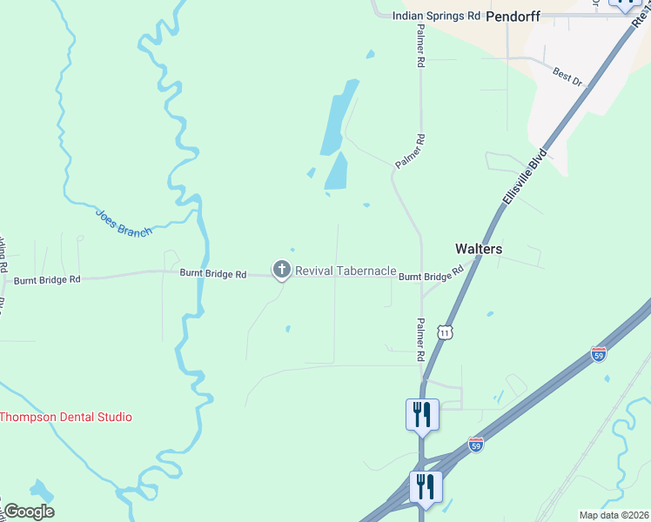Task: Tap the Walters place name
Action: point(479,249)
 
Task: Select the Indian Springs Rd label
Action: point(436,16)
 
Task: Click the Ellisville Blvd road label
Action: point(524,177)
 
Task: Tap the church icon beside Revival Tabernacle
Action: point(281,271)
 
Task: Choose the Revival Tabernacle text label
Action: point(346,271)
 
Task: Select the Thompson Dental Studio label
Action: point(66,417)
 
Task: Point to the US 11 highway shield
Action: point(446,332)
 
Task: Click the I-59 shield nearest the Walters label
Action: point(598,354)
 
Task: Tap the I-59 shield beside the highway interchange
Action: point(475,445)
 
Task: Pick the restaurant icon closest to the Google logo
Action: point(426,487)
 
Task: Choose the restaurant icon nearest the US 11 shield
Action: point(422,414)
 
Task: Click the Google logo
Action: point(28,512)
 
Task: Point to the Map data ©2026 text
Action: point(613,515)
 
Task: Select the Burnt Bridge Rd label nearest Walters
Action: point(431,276)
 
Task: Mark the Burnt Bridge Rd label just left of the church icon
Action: point(213,273)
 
